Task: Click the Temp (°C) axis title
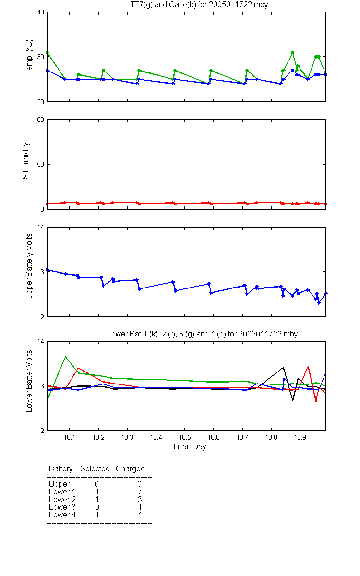[x=29, y=57]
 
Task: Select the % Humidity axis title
[x=26, y=161]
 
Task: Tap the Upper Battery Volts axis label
[x=29, y=266]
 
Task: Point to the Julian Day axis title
[x=189, y=447]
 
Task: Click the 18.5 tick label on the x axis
[x=185, y=437]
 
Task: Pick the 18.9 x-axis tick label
[x=300, y=437]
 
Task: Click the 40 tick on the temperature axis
[x=41, y=12]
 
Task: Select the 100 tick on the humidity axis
[x=39, y=120]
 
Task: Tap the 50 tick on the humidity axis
[x=41, y=164]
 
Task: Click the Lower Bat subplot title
[x=202, y=334]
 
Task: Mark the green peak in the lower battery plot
[x=66, y=357]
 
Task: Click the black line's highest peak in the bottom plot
[x=283, y=368]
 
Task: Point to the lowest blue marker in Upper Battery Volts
[x=319, y=303]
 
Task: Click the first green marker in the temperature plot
[x=48, y=52]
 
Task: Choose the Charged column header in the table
[x=130, y=468]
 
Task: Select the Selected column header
[x=95, y=468]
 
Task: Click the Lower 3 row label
[x=62, y=507]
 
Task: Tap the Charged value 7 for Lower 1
[x=140, y=492]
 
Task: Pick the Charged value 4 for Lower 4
[x=140, y=515]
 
